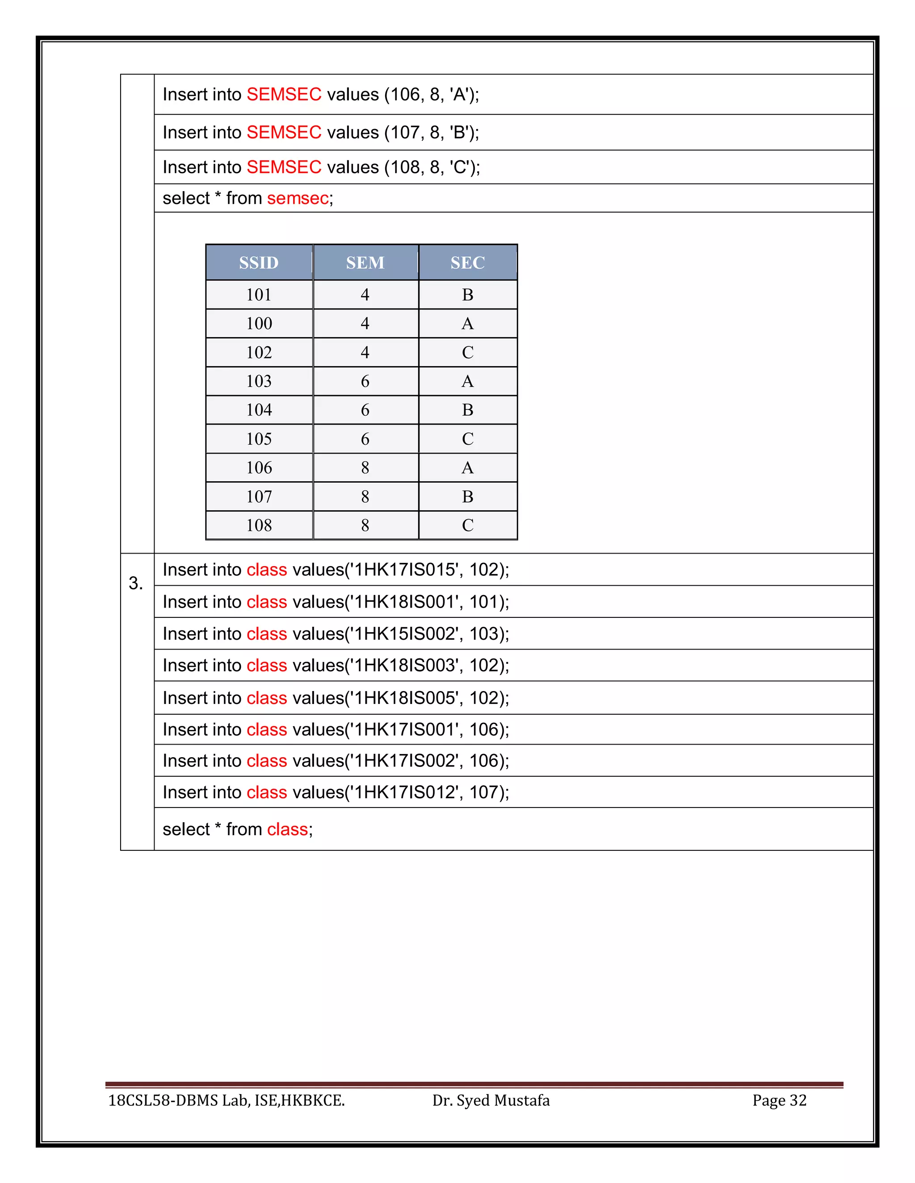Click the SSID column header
click(259, 262)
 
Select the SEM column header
click(365, 262)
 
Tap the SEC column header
click(468, 262)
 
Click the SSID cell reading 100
click(259, 323)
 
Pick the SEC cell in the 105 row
click(468, 439)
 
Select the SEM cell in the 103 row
click(365, 381)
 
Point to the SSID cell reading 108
click(259, 525)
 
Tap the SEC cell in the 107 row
click(468, 496)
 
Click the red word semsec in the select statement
click(298, 198)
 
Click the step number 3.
click(135, 583)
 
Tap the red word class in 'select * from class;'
click(287, 829)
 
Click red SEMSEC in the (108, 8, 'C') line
click(284, 167)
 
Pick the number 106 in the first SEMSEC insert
click(405, 95)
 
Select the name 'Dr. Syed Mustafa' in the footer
click(491, 1101)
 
